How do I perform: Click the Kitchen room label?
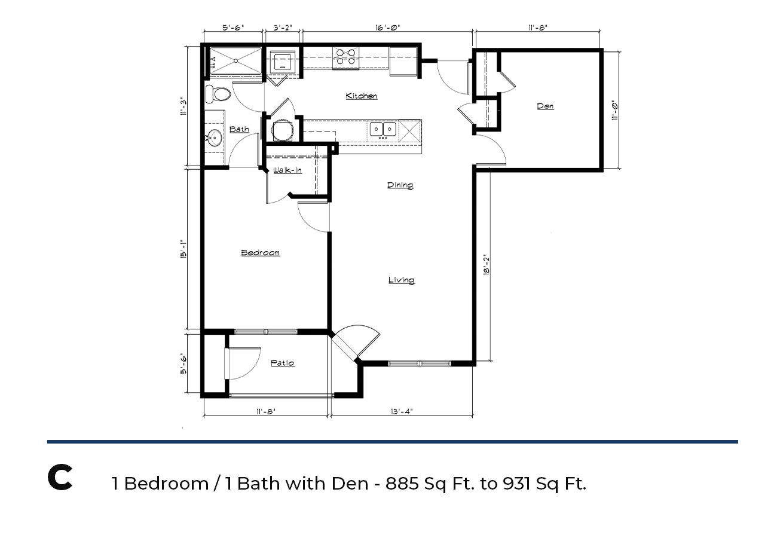[x=361, y=96]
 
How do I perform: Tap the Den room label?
[x=545, y=106]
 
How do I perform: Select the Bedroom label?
[x=260, y=252]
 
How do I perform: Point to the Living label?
[x=401, y=280]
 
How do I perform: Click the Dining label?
[x=400, y=185]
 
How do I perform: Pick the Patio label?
[x=282, y=363]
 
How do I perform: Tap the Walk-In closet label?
[x=287, y=170]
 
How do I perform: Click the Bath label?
[x=239, y=129]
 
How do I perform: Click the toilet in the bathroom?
[x=218, y=94]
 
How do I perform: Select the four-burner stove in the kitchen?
[x=345, y=57]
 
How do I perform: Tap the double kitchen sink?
[x=383, y=129]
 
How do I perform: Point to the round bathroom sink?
[x=215, y=137]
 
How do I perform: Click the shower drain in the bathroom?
[x=236, y=61]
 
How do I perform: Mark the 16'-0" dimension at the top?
[x=387, y=27]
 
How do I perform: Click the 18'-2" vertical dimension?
[x=486, y=265]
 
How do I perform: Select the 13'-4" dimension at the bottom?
[x=402, y=411]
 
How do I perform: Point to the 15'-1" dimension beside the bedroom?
[x=183, y=249]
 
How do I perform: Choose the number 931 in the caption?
[x=516, y=483]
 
